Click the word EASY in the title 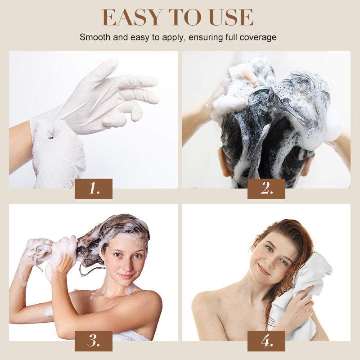pos(130,18)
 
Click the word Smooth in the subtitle pos(94,37)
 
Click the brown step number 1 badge pos(94,189)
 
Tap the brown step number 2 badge pos(266,189)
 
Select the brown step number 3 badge pos(94,341)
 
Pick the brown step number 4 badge pos(266,341)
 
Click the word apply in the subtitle pos(174,37)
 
